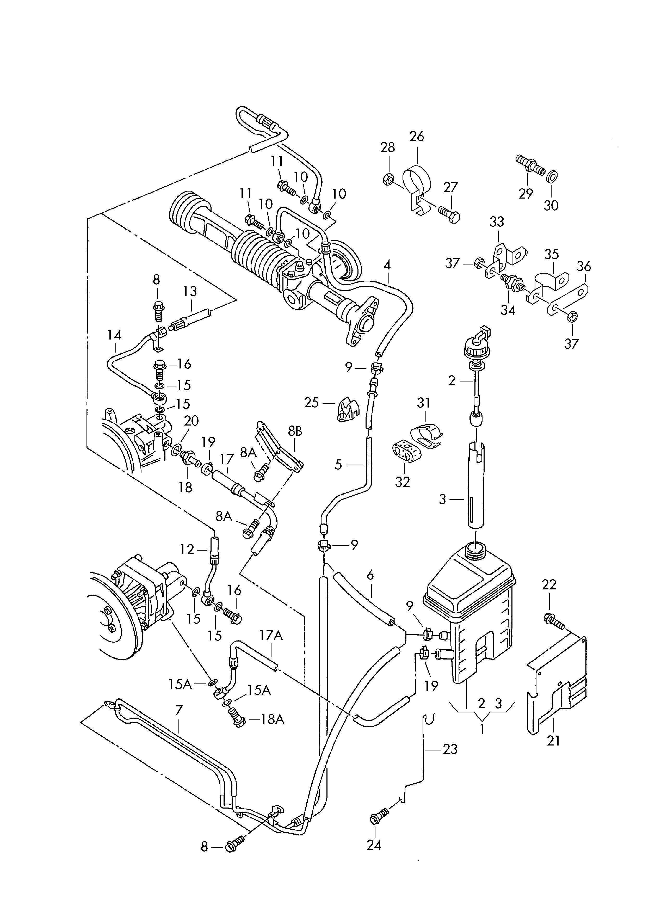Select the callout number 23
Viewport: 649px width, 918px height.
(450, 749)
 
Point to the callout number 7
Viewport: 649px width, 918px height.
(179, 711)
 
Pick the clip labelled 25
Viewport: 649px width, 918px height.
(347, 409)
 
